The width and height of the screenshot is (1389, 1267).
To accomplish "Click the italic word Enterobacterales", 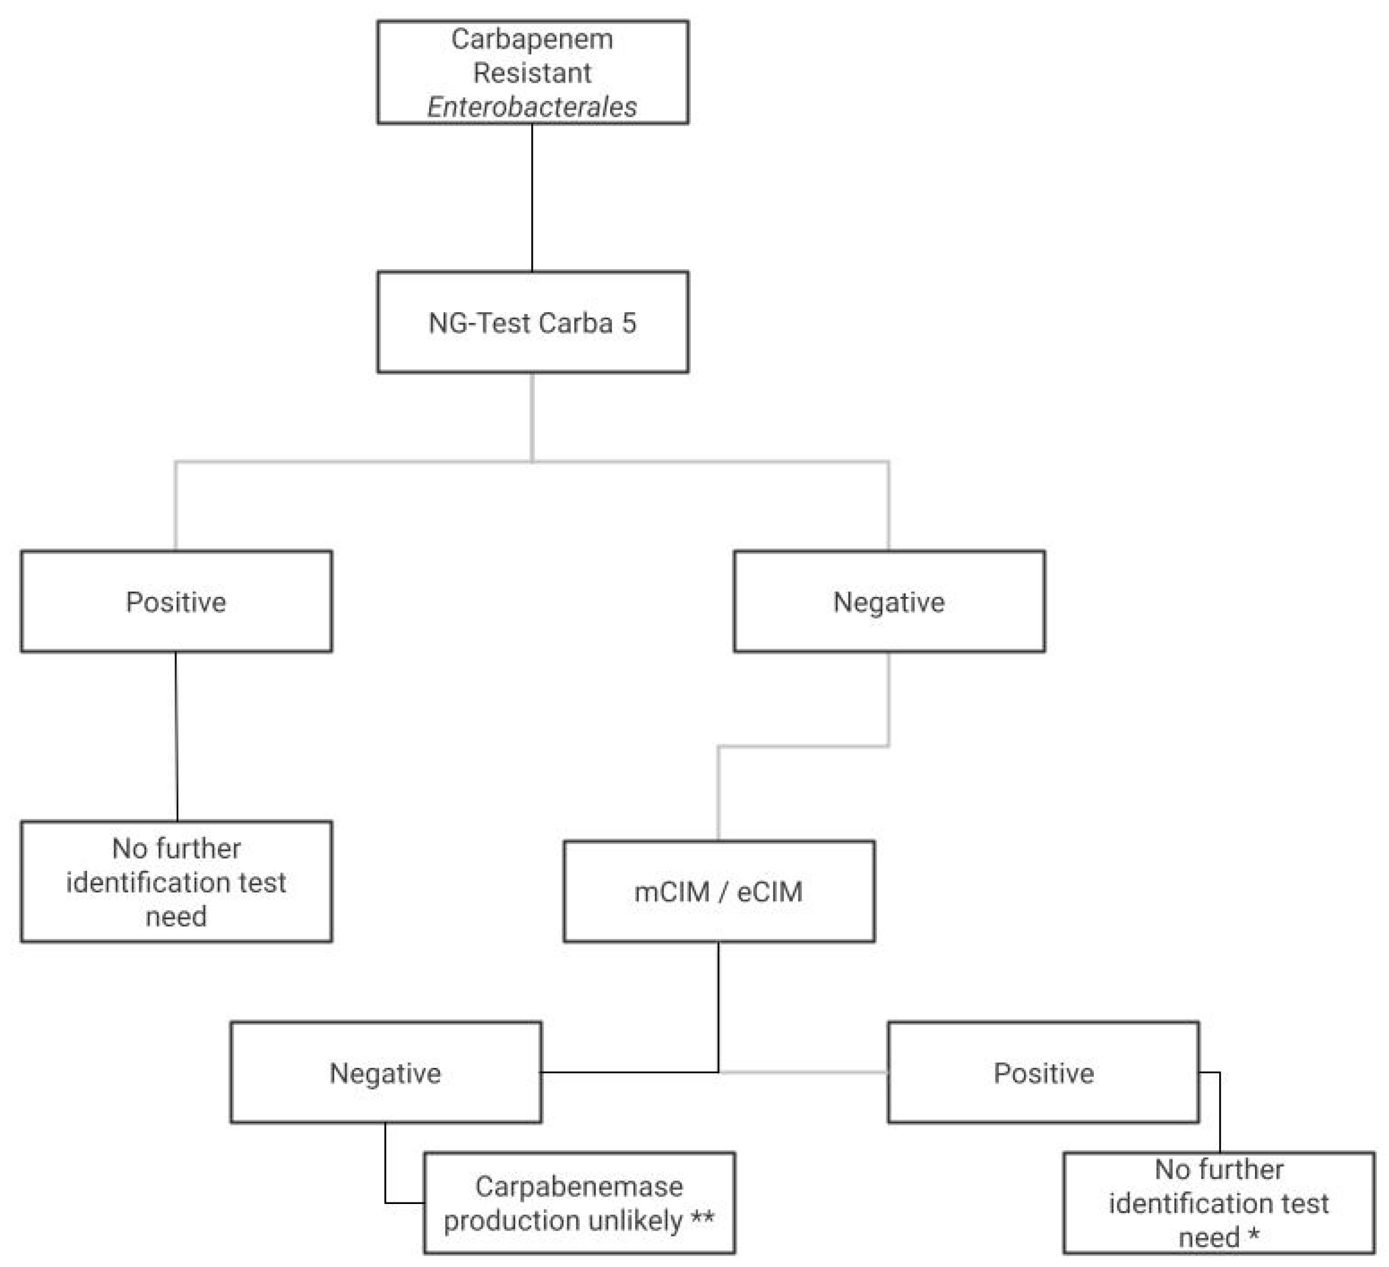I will [532, 107].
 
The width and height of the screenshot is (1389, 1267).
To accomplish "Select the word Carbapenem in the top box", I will [532, 38].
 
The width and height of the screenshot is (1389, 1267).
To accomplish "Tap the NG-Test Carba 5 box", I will [532, 322].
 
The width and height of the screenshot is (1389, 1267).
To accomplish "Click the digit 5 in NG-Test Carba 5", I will [628, 323].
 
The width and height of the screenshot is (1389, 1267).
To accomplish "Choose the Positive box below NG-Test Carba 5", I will [176, 601].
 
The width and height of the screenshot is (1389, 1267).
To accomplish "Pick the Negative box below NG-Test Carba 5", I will [889, 601].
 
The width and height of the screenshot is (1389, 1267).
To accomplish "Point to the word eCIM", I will [770, 892].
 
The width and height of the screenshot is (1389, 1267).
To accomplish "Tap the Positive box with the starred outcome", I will [1043, 1073].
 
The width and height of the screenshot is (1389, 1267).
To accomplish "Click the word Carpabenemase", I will [579, 1186].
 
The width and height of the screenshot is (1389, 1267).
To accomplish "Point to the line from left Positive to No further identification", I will [176, 736].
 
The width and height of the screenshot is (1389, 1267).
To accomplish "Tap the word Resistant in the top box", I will [532, 72].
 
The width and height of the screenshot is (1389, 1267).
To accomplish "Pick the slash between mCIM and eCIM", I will [723, 892].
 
